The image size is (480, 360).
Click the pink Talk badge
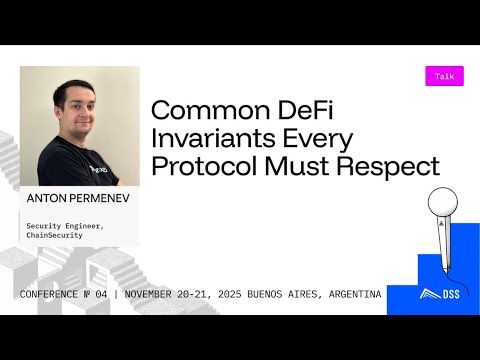444,76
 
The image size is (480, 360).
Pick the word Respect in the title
392,167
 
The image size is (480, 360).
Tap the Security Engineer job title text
66,224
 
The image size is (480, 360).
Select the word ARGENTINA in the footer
351,296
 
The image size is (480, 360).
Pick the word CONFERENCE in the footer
51,296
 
